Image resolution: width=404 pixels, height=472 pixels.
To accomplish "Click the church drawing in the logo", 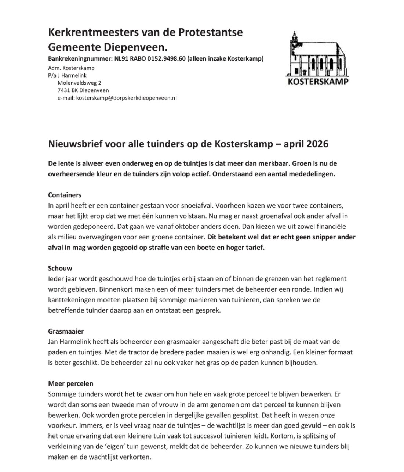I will pos(316,54).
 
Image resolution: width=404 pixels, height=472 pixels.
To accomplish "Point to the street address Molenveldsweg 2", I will pos(79,83).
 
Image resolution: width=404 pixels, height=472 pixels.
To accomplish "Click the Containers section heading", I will pos(65,195).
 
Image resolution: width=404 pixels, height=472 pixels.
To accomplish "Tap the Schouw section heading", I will pos(60,269).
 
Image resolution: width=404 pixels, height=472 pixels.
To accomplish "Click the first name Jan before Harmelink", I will pos(53,342).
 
